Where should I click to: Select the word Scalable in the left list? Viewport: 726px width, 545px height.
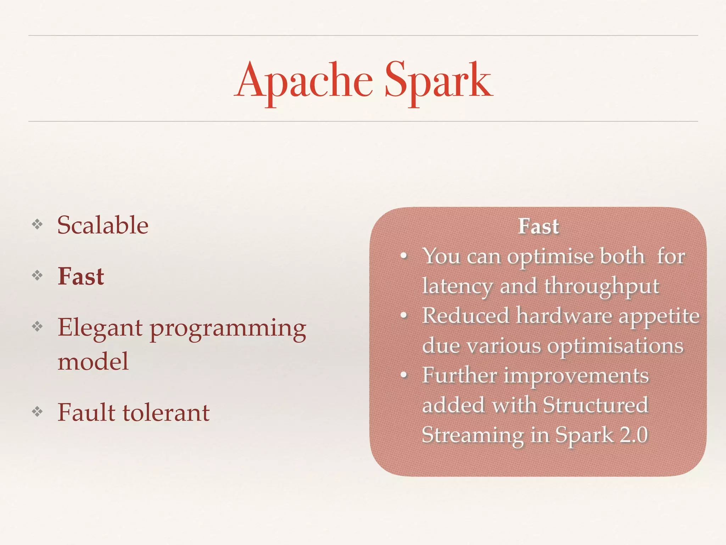pyautogui.click(x=103, y=225)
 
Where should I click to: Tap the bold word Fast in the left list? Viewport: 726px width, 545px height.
pyautogui.click(x=81, y=276)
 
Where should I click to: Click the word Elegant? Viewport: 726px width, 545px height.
pyautogui.click(x=100, y=328)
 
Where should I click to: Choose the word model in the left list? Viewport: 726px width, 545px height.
pyautogui.click(x=93, y=362)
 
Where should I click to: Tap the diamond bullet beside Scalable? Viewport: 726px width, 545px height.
pyautogui.click(x=37, y=224)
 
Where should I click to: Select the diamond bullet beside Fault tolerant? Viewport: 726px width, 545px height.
pyautogui.click(x=37, y=412)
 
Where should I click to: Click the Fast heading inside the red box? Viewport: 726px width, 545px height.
pyautogui.click(x=538, y=226)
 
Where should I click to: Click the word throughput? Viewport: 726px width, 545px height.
pyautogui.click(x=602, y=286)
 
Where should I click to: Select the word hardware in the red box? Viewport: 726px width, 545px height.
pyautogui.click(x=564, y=316)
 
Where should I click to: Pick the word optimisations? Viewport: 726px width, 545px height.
pyautogui.click(x=615, y=346)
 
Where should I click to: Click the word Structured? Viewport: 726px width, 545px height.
pyautogui.click(x=596, y=405)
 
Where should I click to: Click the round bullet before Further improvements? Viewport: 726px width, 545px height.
pyautogui.click(x=403, y=375)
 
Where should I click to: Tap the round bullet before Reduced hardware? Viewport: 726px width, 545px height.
pyautogui.click(x=403, y=315)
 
